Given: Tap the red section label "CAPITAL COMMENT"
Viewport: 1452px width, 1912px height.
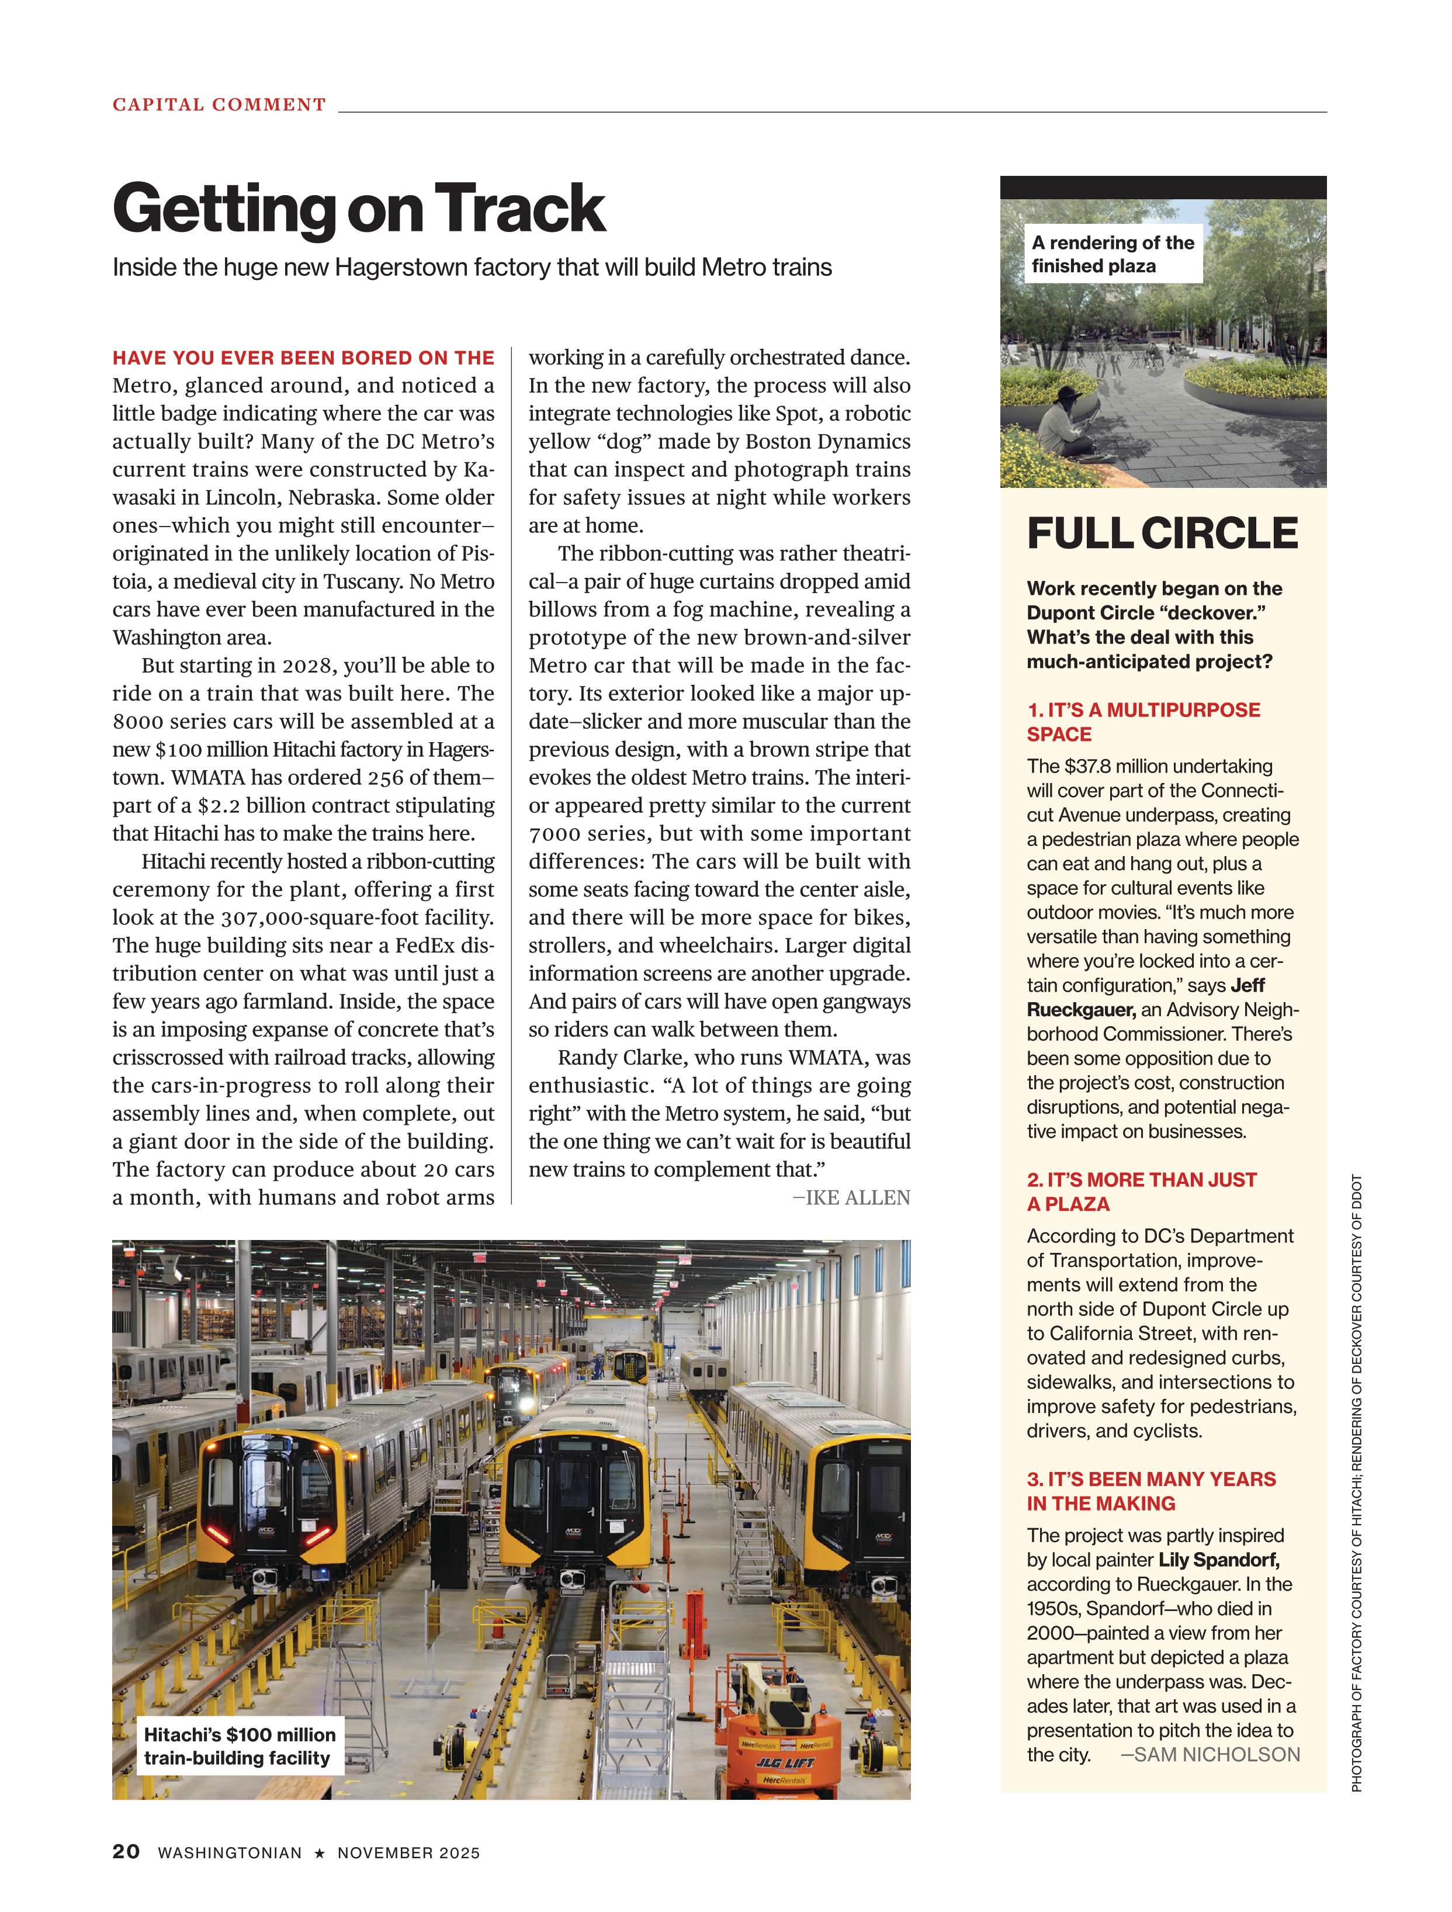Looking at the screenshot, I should point(220,105).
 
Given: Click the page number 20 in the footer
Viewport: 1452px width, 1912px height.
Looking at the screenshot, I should point(126,1851).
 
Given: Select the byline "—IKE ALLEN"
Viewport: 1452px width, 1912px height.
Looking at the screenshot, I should point(851,1197).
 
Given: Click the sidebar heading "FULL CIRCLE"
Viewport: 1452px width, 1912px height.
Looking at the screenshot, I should point(1162,534).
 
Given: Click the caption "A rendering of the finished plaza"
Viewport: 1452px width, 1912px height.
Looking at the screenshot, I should point(1113,254).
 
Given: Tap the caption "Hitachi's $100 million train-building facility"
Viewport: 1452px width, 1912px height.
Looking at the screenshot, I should point(240,1746).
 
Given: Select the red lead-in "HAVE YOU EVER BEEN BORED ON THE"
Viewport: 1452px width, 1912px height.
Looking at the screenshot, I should point(303,358).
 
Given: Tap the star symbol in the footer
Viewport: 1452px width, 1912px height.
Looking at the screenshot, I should point(320,1853).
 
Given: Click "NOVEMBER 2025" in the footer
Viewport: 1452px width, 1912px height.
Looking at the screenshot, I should point(408,1853).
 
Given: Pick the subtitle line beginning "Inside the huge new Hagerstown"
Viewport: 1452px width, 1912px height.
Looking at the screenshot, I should point(472,267).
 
